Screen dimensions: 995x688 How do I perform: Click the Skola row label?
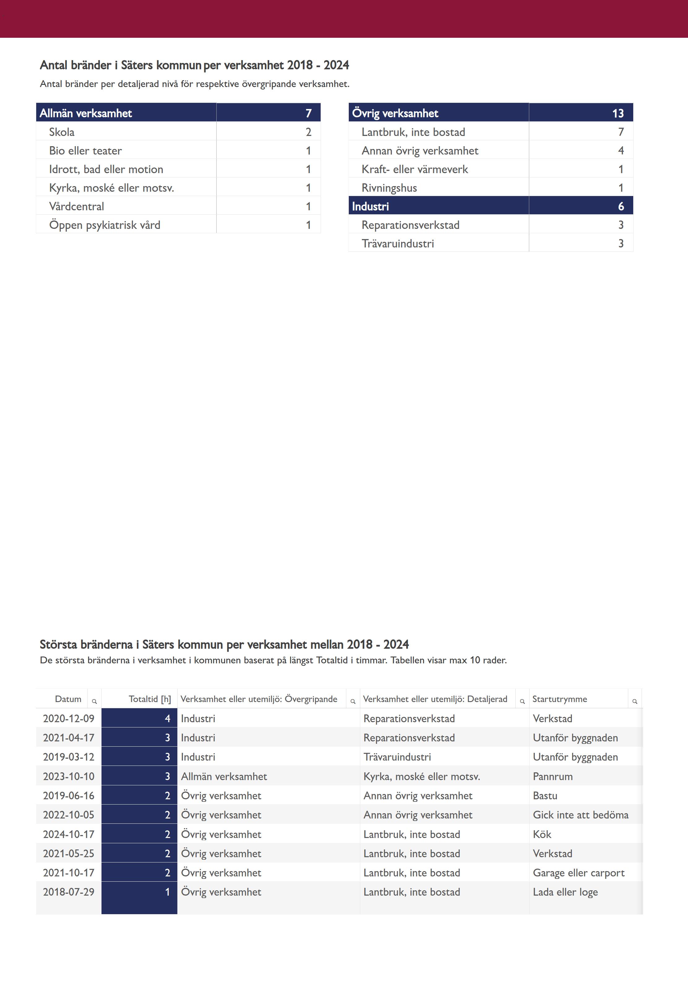click(x=62, y=132)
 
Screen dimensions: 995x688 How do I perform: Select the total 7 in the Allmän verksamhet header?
click(x=308, y=113)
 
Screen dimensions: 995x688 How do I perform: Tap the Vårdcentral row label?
click(x=76, y=206)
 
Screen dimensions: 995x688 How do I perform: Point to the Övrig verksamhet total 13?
click(x=618, y=113)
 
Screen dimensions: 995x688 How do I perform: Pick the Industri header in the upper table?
click(x=370, y=206)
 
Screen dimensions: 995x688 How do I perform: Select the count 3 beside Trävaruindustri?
click(x=621, y=243)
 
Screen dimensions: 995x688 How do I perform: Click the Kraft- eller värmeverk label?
click(x=414, y=169)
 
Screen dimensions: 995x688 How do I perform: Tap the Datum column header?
click(x=68, y=699)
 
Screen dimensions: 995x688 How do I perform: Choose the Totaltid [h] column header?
click(x=149, y=699)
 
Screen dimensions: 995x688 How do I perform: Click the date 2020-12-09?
click(x=68, y=718)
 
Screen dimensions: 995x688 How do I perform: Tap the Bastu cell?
click(x=545, y=795)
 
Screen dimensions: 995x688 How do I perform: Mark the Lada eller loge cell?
click(x=565, y=892)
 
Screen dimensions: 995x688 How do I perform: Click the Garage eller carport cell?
click(x=578, y=872)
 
